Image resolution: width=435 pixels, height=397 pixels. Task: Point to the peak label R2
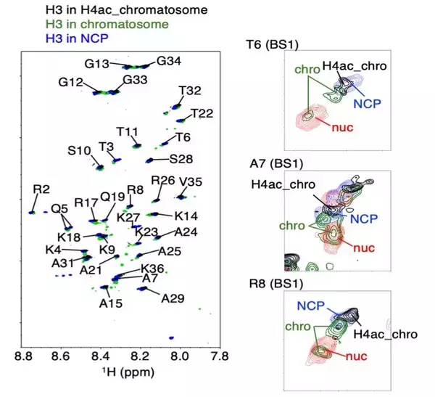[x=41, y=189]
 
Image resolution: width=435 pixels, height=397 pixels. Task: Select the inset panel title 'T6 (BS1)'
[x=268, y=44]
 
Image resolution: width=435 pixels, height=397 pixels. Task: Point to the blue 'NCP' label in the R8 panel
[x=309, y=305]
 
